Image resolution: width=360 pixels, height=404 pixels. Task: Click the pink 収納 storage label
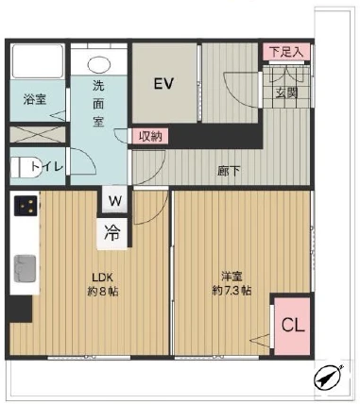149,136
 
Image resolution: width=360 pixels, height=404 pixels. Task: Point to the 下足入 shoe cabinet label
285,53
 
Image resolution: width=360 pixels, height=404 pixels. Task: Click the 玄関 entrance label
286,92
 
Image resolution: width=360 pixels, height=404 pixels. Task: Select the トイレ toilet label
47,167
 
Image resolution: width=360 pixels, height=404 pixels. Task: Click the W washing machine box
114,200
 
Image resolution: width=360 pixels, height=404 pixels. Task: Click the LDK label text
102,276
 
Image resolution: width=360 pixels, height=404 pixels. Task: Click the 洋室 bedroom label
230,276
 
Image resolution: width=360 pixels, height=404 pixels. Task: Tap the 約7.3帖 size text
230,291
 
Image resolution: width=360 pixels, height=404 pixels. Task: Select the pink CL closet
292,325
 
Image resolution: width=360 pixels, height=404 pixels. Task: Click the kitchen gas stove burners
25,206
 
